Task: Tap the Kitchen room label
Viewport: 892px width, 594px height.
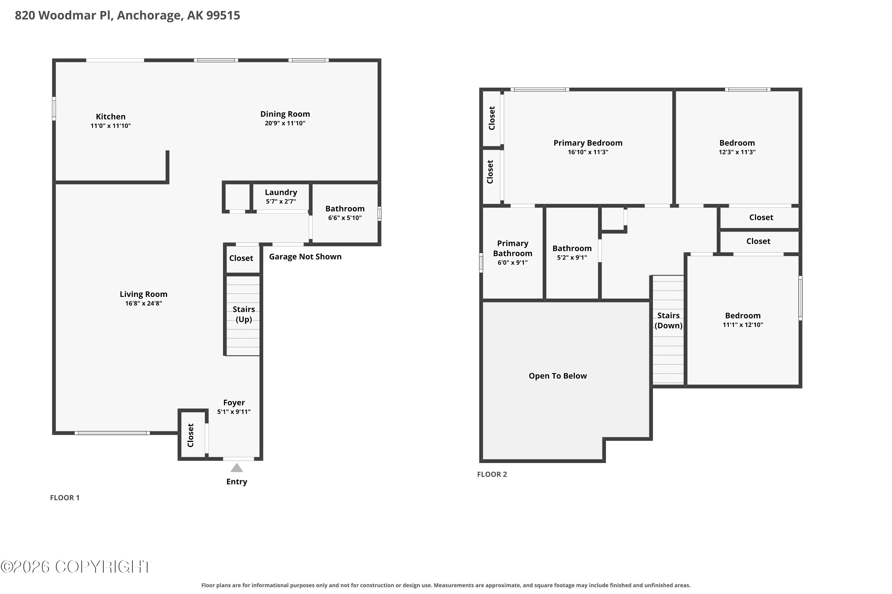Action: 110,117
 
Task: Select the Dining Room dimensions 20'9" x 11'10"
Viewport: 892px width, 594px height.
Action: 285,123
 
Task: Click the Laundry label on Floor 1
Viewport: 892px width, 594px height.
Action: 281,192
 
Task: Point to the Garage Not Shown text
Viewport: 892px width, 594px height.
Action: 305,257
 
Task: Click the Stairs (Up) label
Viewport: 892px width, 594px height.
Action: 244,314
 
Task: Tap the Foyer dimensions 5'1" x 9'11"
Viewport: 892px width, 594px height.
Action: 234,412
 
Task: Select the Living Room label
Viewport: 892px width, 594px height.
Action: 143,294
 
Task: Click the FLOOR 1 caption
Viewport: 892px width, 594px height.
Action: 65,498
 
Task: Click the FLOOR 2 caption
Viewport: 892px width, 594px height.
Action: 492,474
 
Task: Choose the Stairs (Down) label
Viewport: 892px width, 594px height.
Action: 668,320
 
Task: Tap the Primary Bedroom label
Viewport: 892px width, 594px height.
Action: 588,143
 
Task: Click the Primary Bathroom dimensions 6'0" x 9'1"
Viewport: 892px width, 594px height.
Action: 512,263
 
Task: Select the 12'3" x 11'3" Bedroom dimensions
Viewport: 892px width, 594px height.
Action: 737,152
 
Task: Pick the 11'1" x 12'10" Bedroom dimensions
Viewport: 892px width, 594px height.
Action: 742,325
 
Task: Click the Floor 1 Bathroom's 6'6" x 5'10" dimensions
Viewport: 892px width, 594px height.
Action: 345,218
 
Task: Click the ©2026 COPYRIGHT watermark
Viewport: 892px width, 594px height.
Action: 76,567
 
